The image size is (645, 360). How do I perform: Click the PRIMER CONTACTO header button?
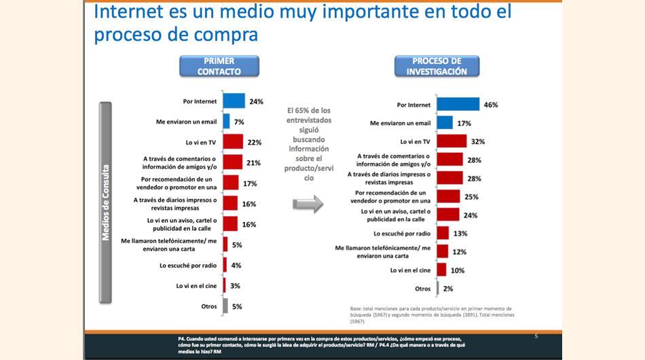[x=218, y=66]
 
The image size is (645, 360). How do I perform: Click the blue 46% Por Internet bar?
[x=457, y=105]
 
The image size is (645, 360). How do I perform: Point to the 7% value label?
[x=238, y=122]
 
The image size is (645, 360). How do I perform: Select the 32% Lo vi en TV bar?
[x=451, y=141]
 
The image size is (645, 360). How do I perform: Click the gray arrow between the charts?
[x=308, y=204]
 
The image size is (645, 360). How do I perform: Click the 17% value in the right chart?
[x=465, y=123]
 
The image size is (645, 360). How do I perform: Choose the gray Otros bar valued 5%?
[x=225, y=306]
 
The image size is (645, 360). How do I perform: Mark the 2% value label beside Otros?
[x=448, y=289]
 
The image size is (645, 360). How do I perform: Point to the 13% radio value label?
[x=460, y=234]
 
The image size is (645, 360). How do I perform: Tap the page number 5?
[x=536, y=336]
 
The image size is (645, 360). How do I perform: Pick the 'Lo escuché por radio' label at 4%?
[x=188, y=266]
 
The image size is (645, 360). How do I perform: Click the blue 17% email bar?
[x=444, y=123]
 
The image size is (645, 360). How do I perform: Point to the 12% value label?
[x=458, y=252]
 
